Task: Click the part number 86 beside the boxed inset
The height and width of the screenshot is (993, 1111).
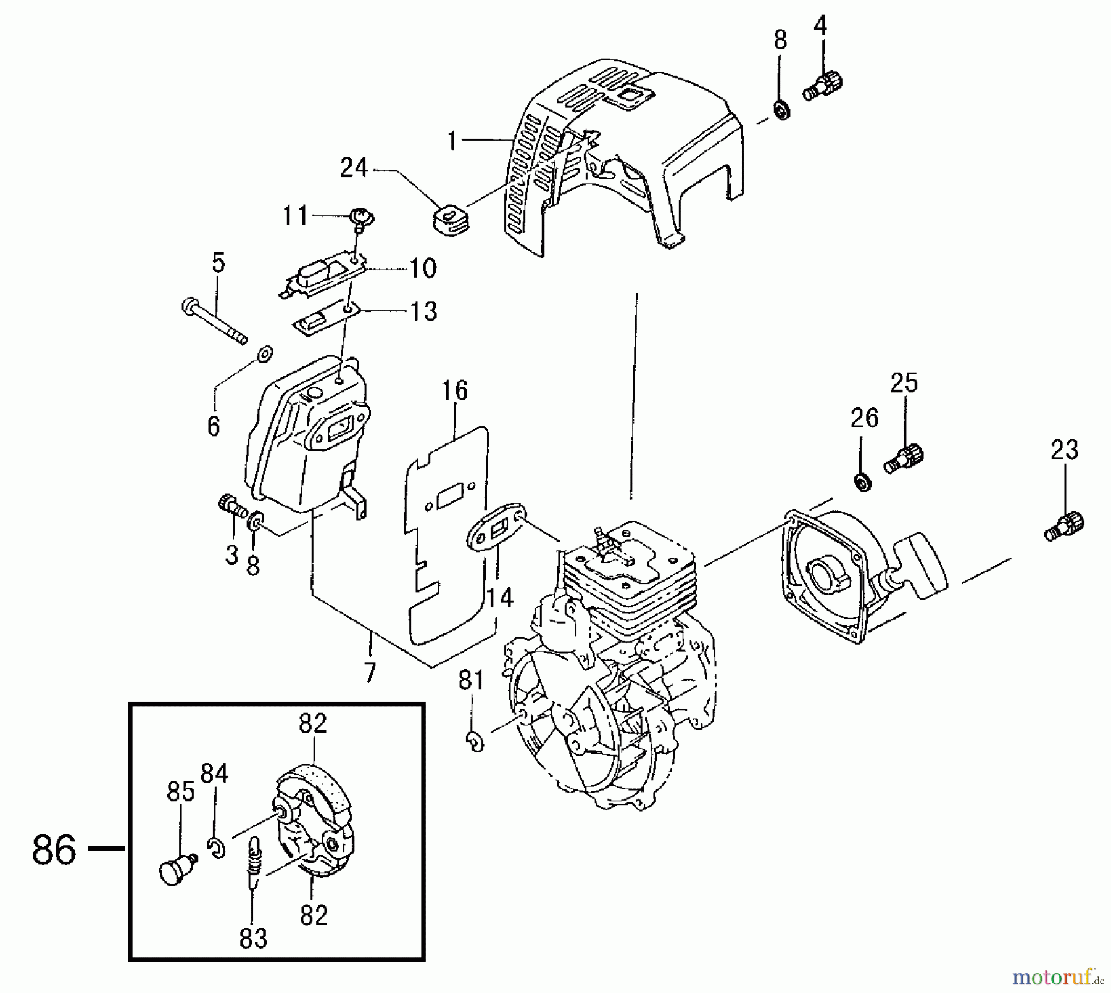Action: pyautogui.click(x=54, y=849)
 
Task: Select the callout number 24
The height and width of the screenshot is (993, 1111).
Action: pyautogui.click(x=354, y=168)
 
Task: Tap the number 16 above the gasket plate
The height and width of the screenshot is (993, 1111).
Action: pyautogui.click(x=454, y=390)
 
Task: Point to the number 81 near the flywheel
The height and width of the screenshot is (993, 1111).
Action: pyautogui.click(x=472, y=680)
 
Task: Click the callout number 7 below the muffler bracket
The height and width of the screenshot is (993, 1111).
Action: pyautogui.click(x=370, y=672)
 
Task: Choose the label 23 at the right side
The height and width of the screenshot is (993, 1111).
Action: pyautogui.click(x=1065, y=450)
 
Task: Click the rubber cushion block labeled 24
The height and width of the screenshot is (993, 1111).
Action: pyautogui.click(x=449, y=221)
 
